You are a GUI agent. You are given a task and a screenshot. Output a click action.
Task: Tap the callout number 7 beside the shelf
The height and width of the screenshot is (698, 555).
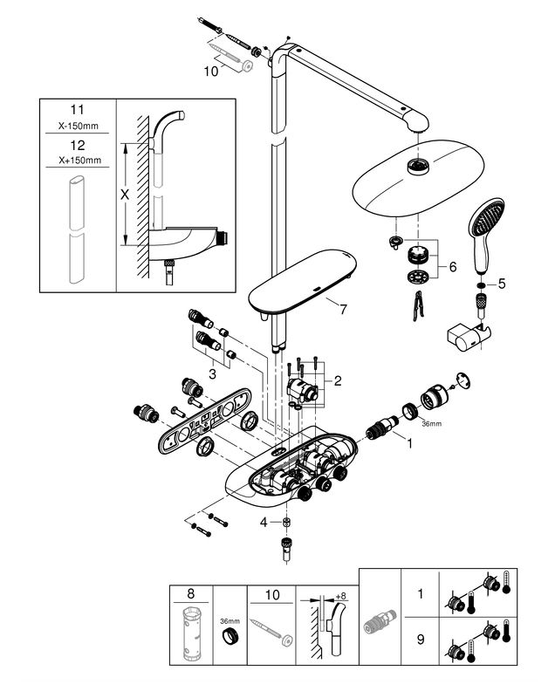click(x=343, y=310)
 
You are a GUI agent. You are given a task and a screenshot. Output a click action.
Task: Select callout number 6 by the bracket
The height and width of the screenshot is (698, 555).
click(x=453, y=267)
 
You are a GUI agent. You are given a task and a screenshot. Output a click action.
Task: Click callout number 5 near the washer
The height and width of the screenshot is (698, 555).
click(x=502, y=284)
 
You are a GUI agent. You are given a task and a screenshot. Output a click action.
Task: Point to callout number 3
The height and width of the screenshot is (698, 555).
click(x=212, y=374)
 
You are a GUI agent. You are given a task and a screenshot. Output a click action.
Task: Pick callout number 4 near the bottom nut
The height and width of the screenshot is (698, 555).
click(x=264, y=522)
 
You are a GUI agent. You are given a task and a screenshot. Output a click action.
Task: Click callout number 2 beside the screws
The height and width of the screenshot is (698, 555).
click(x=338, y=380)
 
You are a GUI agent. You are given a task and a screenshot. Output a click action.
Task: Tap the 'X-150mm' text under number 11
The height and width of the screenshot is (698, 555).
click(x=79, y=126)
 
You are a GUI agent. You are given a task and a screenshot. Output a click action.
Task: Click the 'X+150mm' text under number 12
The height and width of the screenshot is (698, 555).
click(x=79, y=161)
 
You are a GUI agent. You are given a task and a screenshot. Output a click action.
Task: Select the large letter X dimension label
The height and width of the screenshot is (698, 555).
click(x=125, y=195)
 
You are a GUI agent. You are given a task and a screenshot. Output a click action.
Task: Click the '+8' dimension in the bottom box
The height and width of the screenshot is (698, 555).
click(x=340, y=596)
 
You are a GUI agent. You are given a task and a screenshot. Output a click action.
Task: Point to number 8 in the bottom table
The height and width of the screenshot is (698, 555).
click(x=191, y=593)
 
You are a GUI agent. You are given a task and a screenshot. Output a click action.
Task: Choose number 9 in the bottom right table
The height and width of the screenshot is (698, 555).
click(x=421, y=640)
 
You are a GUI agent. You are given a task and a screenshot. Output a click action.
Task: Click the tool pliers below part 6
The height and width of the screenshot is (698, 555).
click(x=417, y=305)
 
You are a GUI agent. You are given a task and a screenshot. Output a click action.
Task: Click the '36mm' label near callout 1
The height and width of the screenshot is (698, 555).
click(x=432, y=424)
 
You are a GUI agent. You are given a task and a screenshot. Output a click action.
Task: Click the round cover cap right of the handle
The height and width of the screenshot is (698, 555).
click(x=463, y=381)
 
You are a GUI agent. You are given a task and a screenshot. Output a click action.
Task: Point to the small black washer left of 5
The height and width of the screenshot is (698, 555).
click(x=481, y=285)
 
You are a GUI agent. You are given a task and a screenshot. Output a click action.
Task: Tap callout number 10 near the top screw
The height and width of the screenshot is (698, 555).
click(x=211, y=72)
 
